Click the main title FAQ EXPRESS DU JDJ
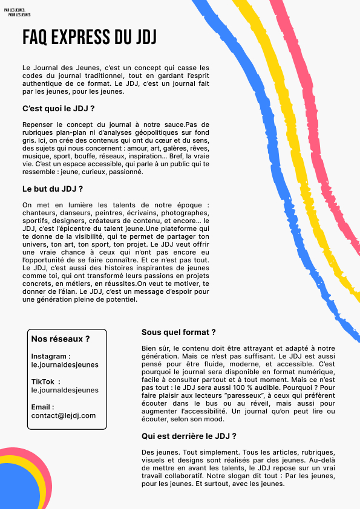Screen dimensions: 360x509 pyautogui.click(x=90, y=37)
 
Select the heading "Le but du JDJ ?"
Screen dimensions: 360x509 pyautogui.click(x=52, y=189)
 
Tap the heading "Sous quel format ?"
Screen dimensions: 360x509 pyautogui.click(x=178, y=332)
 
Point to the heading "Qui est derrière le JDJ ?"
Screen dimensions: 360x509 pyautogui.click(x=189, y=435)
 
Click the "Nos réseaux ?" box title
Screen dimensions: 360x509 pyautogui.click(x=61, y=339)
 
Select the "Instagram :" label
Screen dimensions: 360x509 pyautogui.click(x=51, y=357)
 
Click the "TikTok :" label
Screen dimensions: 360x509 pyautogui.click(x=46, y=382)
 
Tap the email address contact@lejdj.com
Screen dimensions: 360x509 pyautogui.click(x=64, y=415)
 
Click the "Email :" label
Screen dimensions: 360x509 pyautogui.click(x=42, y=407)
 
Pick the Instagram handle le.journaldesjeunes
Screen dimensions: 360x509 pyautogui.click(x=65, y=365)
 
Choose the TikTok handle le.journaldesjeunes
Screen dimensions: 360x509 pyautogui.click(x=65, y=391)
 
